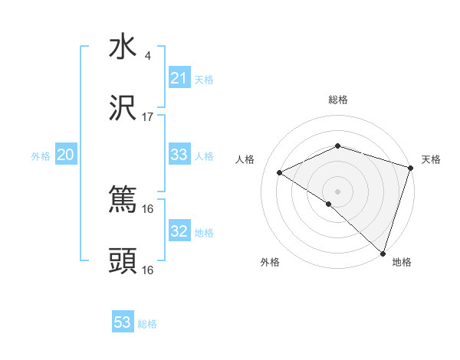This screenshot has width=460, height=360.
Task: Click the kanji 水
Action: pos(123,47)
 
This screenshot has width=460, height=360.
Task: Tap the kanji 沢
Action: pos(123,110)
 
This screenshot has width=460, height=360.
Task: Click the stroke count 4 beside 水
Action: pos(147,56)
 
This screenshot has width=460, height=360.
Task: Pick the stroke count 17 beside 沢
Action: pos(148,117)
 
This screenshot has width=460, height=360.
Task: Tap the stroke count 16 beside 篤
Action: pos(148,208)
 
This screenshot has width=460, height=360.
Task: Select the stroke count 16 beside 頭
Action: pos(148,270)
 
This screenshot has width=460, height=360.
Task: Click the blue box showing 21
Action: pos(179,78)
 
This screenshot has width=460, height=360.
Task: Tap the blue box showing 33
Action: pos(179,155)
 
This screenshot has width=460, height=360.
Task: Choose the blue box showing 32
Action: pos(179,231)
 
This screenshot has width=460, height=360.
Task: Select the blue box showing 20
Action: pos(66,155)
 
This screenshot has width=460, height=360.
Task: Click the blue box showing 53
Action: pos(123,322)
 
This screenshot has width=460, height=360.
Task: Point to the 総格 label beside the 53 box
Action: pos(147,324)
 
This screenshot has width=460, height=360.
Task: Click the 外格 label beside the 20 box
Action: pos(41,156)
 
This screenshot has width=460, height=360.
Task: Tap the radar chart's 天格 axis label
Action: pos(431,159)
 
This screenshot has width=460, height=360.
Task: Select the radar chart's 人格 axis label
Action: pos(245,159)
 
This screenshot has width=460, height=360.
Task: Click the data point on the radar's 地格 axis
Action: pos(383,253)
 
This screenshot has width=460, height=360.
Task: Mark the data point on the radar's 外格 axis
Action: pos(329,204)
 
